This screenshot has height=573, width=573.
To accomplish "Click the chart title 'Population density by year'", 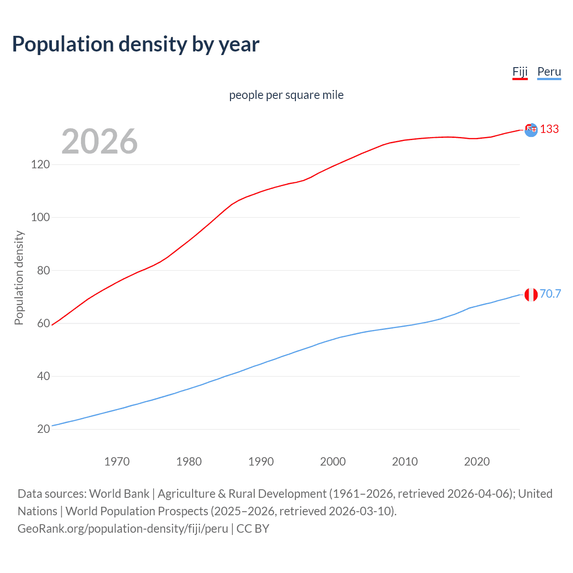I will point(136,44).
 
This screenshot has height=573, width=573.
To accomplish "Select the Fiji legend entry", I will point(520,72).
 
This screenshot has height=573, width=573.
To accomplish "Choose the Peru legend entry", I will point(549,72).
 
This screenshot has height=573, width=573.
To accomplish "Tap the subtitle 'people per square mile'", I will point(286,95).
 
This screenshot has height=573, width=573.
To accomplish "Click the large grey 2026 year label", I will point(99,141).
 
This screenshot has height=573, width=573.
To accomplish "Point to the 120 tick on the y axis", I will point(40,165).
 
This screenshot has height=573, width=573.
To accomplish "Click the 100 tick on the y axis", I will point(40,218).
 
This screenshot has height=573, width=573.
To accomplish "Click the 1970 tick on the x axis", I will point(117,462).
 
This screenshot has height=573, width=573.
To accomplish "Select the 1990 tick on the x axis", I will point(261,462).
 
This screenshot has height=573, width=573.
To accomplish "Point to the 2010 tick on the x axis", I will point(405,462).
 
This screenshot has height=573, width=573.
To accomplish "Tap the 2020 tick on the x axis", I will point(477,462).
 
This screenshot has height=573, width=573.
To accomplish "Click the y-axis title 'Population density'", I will point(19,278).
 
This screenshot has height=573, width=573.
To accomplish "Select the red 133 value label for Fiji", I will point(549,129).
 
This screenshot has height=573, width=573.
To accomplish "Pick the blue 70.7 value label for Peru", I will point(550,294).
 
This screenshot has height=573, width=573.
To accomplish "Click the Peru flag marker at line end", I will point(531,295).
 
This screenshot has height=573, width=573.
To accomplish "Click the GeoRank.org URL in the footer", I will point(123,529).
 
